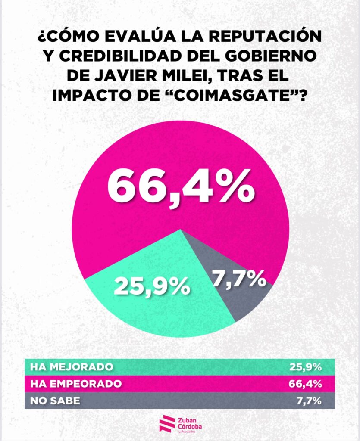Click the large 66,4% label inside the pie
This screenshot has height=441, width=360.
click(180, 186)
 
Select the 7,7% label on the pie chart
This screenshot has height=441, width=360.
click(238, 279)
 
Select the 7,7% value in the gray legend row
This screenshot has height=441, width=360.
click(309, 400)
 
